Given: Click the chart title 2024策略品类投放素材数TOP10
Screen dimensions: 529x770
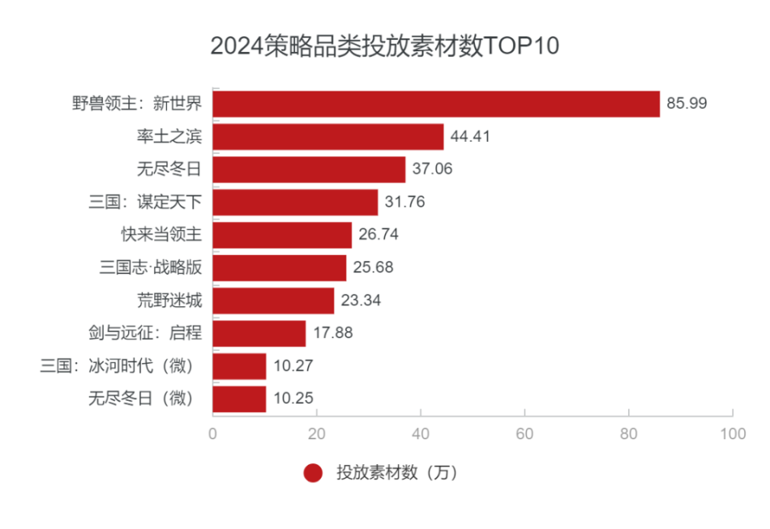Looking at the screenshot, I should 384,46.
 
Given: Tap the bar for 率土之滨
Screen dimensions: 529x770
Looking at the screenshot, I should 328,136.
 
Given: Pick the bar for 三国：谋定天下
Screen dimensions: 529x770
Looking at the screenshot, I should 295,202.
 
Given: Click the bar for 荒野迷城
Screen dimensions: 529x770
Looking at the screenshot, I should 274,301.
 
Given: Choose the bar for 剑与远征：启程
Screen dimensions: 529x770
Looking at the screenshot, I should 259,333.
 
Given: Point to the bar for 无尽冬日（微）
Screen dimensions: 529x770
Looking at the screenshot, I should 239,398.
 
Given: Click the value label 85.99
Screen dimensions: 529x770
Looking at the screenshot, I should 687,103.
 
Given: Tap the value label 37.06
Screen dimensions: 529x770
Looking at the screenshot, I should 433,169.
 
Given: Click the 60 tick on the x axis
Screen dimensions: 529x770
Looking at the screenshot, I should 525,434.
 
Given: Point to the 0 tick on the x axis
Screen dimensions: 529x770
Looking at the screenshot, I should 213,434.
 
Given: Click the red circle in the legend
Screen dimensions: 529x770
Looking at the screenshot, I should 313,473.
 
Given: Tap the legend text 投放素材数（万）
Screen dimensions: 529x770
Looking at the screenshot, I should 396,473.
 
